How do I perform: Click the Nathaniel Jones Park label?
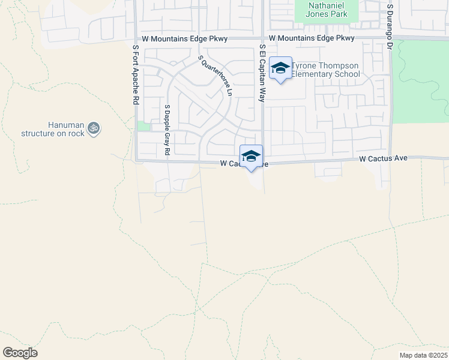(327, 8)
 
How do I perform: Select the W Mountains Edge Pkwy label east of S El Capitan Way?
(312, 38)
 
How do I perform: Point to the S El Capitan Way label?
(262, 73)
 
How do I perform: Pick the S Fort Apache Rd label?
(135, 76)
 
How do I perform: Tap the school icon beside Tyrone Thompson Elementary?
(280, 68)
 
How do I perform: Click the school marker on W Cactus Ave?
(251, 156)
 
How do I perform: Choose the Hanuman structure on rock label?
(53, 129)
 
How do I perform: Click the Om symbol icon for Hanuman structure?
(93, 127)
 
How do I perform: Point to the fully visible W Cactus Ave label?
(383, 158)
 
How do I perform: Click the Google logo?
(20, 353)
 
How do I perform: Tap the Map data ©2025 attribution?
(423, 355)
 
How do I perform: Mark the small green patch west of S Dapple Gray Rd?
(143, 126)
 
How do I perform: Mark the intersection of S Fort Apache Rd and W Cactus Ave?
(136, 161)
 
